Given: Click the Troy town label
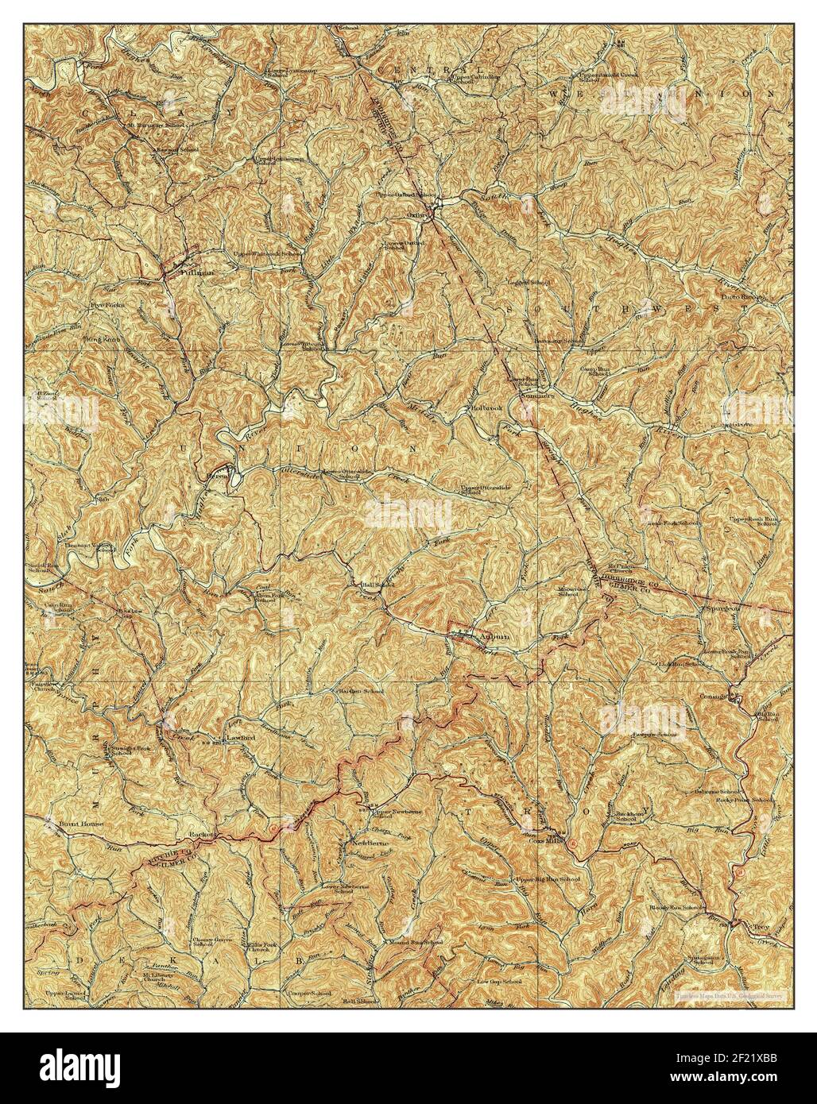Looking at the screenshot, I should tap(761, 927).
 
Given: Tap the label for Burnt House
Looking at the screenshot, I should tap(81, 824).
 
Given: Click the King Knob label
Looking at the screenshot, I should tap(105, 339).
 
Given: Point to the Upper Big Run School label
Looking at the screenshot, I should tap(548, 880).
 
